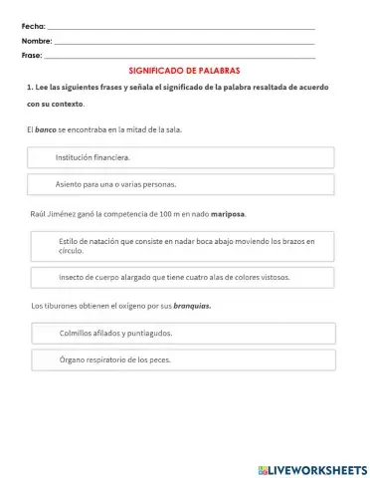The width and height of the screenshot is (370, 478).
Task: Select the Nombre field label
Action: click(x=36, y=41)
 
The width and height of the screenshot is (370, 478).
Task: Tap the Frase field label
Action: click(x=32, y=56)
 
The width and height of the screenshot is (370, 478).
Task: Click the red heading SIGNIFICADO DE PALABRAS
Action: click(x=185, y=72)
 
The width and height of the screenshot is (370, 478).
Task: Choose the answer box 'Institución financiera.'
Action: click(x=180, y=157)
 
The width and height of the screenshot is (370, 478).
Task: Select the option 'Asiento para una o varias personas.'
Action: click(x=180, y=184)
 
